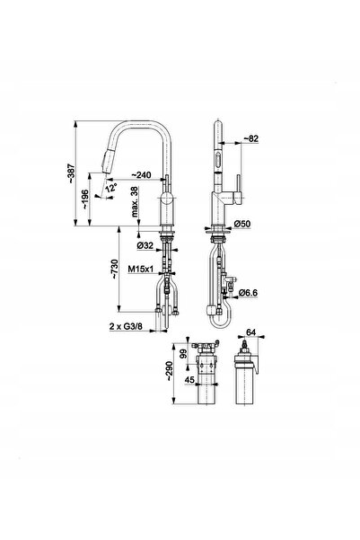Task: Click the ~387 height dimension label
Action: pyautogui.click(x=71, y=173)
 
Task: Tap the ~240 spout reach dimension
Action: pyautogui.click(x=141, y=175)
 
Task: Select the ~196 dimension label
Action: pyautogui.click(x=85, y=200)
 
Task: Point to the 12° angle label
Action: pyautogui.click(x=111, y=189)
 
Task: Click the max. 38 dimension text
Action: pyautogui.click(x=135, y=201)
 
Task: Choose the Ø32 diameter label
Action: pyautogui.click(x=145, y=245)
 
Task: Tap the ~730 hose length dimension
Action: pyautogui.click(x=114, y=269)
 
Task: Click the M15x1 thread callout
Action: pyautogui.click(x=140, y=269)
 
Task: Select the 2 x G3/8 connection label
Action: pyautogui.click(x=126, y=326)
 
